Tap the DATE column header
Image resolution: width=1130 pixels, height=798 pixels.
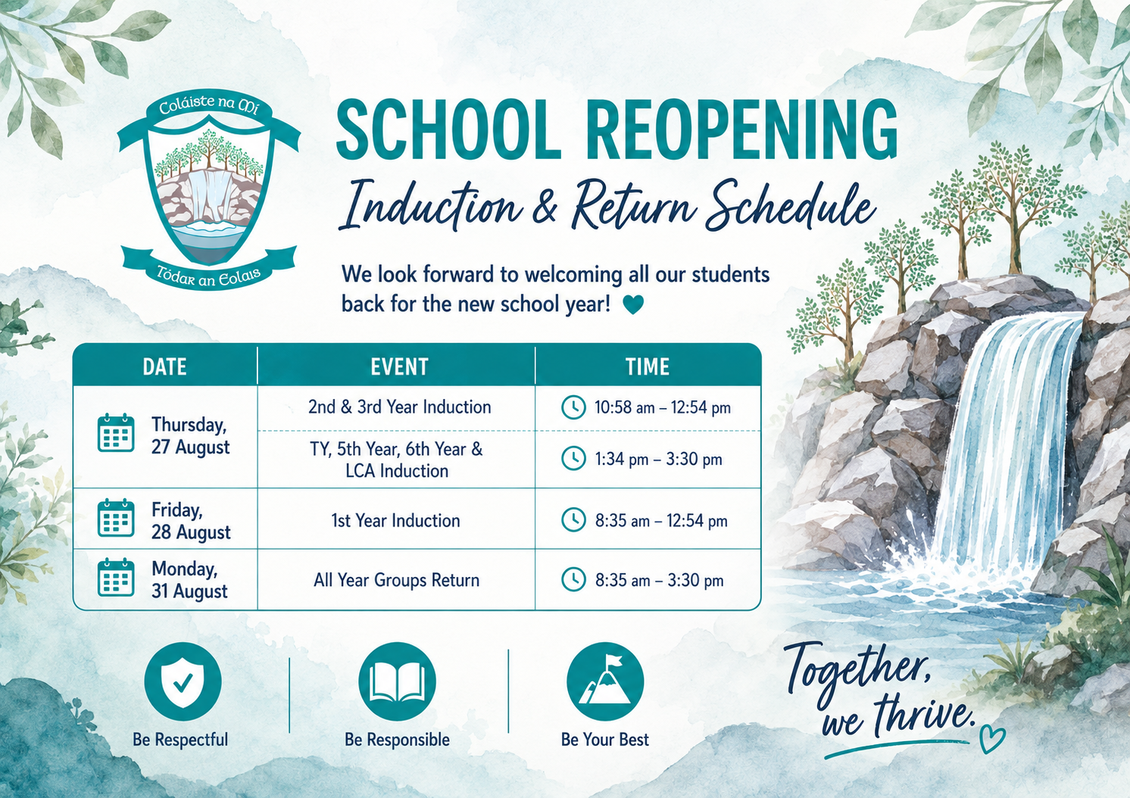(x=165, y=366)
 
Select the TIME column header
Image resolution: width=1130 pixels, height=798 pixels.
(x=648, y=366)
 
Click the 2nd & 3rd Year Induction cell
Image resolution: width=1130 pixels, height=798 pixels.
(x=400, y=407)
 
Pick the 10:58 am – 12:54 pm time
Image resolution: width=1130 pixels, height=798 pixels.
(x=663, y=407)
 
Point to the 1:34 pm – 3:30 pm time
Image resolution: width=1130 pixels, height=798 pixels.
(x=658, y=459)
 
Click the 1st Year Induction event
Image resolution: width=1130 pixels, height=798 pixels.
(x=395, y=521)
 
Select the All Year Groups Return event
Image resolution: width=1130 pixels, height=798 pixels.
(x=397, y=580)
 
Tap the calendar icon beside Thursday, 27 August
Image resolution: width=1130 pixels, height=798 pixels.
(x=116, y=433)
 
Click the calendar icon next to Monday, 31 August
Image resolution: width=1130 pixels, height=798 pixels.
(x=116, y=578)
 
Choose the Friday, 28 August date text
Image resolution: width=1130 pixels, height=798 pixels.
(x=191, y=521)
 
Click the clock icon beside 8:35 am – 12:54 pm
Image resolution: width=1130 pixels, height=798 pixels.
(x=573, y=521)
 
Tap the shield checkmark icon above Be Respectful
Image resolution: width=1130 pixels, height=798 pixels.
(x=183, y=681)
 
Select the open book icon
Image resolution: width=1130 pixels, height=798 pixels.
(x=397, y=681)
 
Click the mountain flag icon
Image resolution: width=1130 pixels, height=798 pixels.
(x=605, y=681)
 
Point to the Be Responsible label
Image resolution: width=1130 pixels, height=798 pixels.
(x=397, y=740)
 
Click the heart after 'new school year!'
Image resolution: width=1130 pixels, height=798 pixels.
(x=633, y=304)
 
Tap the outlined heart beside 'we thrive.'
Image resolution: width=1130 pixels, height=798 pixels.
(x=992, y=740)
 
